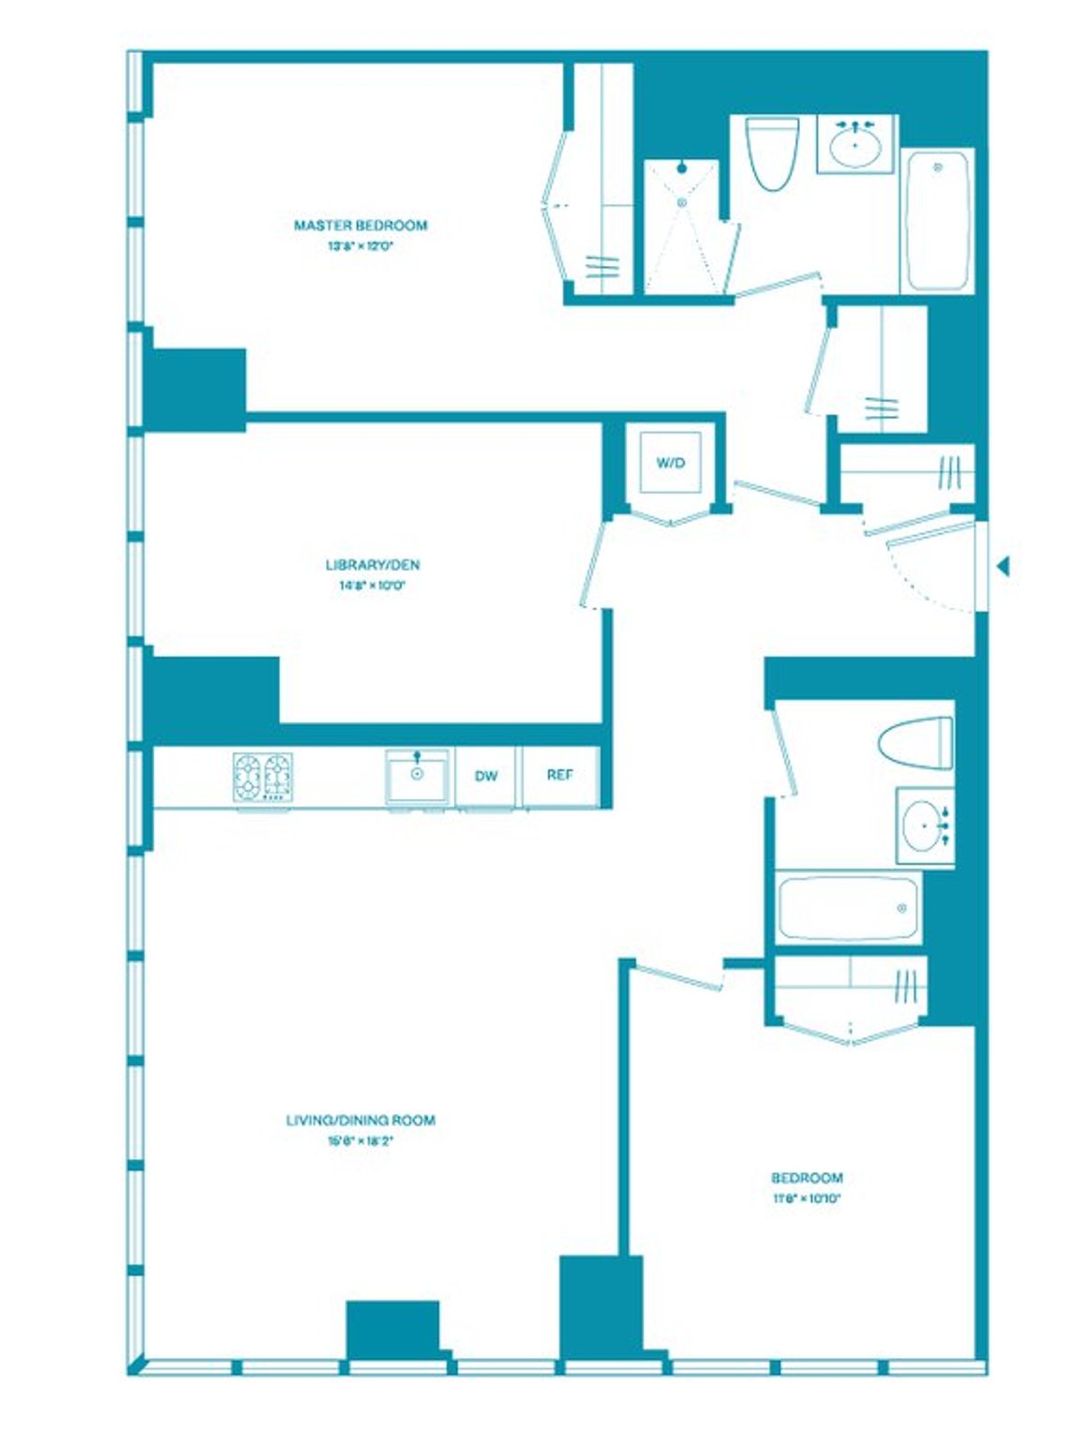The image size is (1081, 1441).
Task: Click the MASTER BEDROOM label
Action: (360, 225)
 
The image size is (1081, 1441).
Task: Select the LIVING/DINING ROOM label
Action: (360, 1120)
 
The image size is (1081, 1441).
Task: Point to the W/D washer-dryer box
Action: (670, 463)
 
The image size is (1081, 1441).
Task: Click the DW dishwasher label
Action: (486, 776)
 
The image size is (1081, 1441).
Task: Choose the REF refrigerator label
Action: (559, 775)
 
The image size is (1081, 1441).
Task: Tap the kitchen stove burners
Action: (263, 776)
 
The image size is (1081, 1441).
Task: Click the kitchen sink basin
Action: (417, 775)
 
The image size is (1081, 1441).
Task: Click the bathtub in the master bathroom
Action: (937, 221)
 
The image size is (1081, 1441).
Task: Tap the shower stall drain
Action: (682, 204)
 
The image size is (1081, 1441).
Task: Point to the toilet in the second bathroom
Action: (916, 742)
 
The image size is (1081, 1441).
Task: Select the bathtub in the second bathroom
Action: (848, 907)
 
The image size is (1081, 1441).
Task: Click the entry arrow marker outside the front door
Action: (1004, 566)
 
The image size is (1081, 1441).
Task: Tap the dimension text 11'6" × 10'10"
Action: (806, 1199)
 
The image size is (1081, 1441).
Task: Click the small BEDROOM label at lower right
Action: (807, 1178)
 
